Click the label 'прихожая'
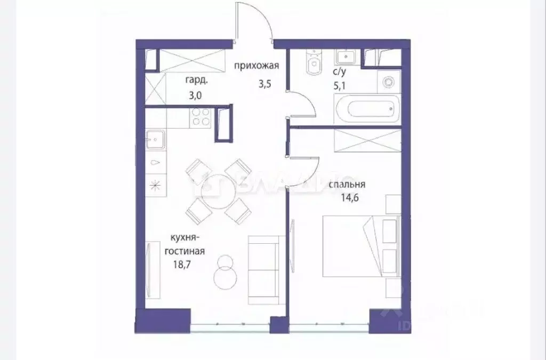[x=256, y=66]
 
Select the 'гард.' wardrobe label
[x=196, y=81]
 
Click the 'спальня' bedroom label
[x=347, y=185]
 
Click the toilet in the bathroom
[x=313, y=65]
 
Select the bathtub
[x=366, y=110]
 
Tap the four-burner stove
[x=200, y=117]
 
